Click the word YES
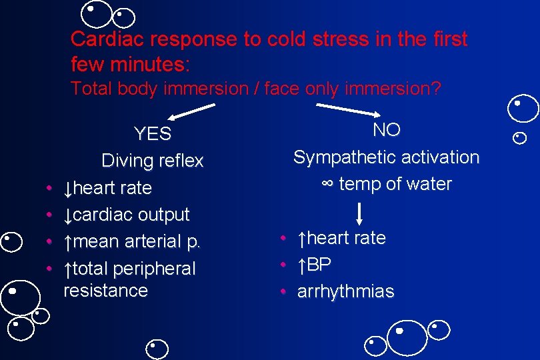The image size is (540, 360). [x=153, y=134]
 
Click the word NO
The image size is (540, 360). [x=387, y=130]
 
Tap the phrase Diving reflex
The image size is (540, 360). [x=152, y=161]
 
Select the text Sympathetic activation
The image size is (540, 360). [x=386, y=157]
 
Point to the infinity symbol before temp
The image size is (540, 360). [x=327, y=184]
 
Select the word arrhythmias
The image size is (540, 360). [x=345, y=291]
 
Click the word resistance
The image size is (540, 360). [x=105, y=291]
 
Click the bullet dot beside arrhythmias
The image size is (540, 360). [x=283, y=292]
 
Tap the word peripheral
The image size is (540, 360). [x=155, y=269]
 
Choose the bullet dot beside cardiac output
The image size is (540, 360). [x=50, y=215]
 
